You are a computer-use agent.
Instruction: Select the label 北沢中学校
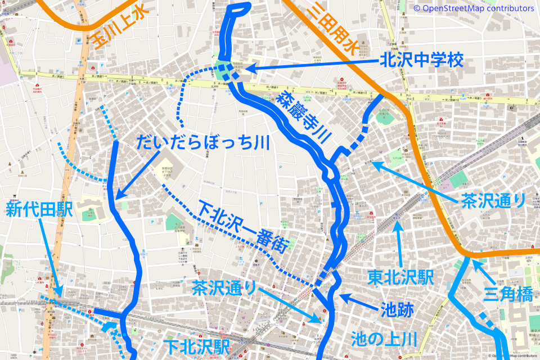point(422,60)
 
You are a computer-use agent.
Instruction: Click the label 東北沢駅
point(400,277)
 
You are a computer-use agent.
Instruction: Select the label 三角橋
point(508,293)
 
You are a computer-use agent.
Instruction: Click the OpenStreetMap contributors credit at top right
point(474,8)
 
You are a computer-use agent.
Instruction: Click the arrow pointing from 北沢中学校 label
point(309,65)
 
